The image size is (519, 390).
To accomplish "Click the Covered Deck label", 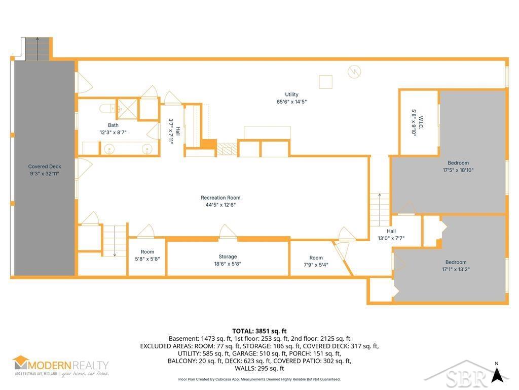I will point(44,167).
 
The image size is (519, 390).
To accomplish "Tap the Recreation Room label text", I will point(220,198).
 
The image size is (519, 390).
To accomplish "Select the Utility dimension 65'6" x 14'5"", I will point(291,102).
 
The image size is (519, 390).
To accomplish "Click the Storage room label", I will point(228,257).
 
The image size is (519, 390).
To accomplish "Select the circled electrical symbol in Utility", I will point(354,72).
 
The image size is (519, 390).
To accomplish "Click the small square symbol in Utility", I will point(325,81).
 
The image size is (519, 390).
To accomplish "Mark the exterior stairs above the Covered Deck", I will point(35,48).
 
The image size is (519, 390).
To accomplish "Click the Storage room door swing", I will point(228,231).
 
